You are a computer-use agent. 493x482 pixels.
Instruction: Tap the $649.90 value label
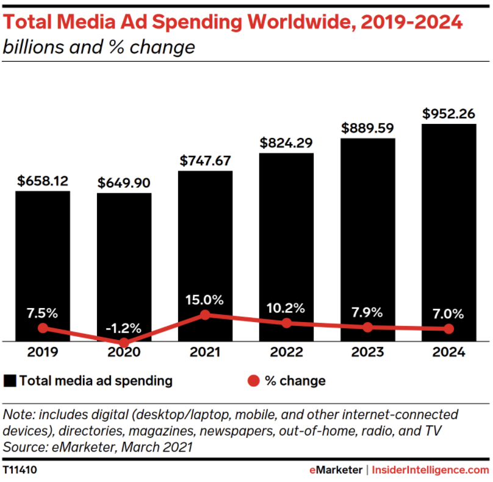click(x=124, y=182)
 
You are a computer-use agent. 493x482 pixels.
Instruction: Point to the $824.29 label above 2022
click(x=286, y=142)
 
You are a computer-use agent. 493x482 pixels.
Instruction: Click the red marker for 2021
click(x=205, y=315)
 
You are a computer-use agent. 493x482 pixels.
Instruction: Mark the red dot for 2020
click(x=124, y=343)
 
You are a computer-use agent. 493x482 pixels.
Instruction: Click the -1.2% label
click(x=124, y=327)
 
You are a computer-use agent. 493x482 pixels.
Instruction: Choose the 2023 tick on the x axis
click(x=367, y=353)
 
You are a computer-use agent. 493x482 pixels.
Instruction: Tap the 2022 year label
click(x=286, y=353)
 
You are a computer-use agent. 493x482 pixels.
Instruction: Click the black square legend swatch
click(x=10, y=381)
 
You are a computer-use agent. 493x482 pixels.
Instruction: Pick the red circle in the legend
click(x=253, y=381)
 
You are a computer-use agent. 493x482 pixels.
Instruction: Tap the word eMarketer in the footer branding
click(x=337, y=470)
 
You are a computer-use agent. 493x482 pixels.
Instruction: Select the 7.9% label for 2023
click(x=367, y=312)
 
